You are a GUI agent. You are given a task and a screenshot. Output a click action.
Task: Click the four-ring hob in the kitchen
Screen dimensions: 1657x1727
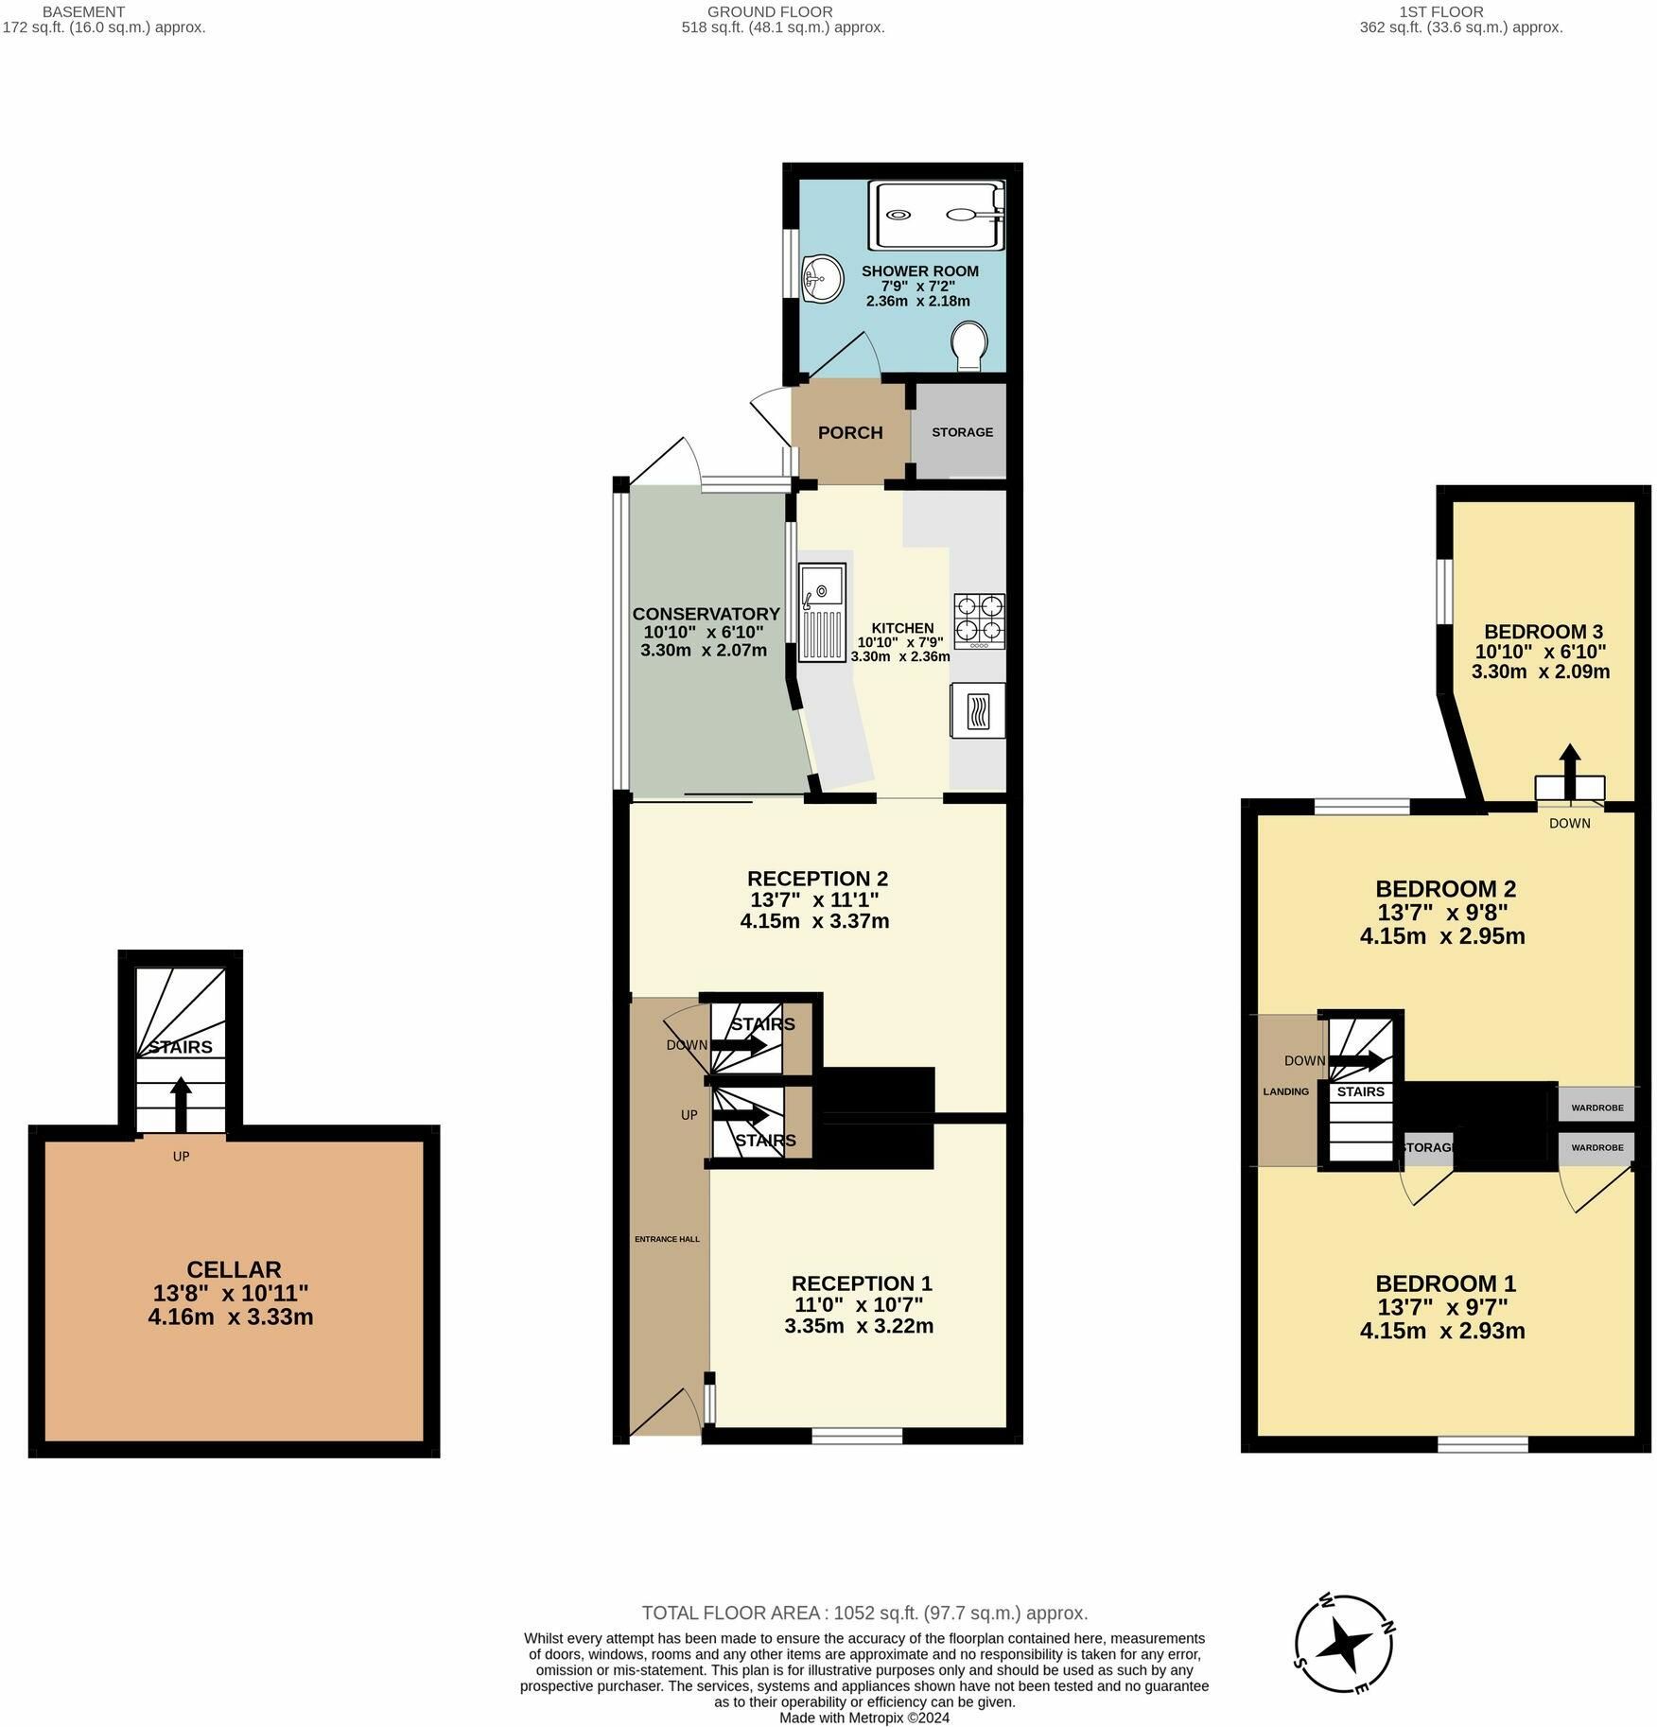click(979, 620)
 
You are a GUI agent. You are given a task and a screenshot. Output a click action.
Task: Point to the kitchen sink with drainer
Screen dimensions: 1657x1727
click(821, 613)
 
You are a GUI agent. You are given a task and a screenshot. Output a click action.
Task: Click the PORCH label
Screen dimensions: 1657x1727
click(850, 433)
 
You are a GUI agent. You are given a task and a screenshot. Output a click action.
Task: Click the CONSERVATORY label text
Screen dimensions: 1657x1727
click(706, 614)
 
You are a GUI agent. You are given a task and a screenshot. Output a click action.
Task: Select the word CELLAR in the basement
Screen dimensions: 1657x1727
click(234, 1269)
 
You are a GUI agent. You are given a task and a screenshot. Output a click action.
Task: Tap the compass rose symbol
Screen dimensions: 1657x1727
click(1344, 1645)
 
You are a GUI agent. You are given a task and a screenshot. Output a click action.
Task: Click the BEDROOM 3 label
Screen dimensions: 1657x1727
click(1543, 632)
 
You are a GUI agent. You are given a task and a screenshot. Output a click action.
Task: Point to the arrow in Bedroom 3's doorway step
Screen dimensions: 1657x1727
click(1570, 772)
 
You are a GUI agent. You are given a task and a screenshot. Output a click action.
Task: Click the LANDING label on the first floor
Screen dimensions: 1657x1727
click(1286, 1091)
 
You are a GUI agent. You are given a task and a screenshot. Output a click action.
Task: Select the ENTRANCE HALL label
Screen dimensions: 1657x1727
click(667, 1239)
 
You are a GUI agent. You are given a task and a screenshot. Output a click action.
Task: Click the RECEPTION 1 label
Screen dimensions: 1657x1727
click(862, 1283)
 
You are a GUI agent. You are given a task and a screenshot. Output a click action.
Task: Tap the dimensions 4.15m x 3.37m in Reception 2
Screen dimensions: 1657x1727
click(814, 921)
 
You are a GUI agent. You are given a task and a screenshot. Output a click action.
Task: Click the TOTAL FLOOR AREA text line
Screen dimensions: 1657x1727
click(864, 1614)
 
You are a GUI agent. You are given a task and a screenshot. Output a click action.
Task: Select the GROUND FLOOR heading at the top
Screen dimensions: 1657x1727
click(770, 12)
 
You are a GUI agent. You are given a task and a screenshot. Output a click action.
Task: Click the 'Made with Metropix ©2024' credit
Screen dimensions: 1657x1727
click(864, 1718)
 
